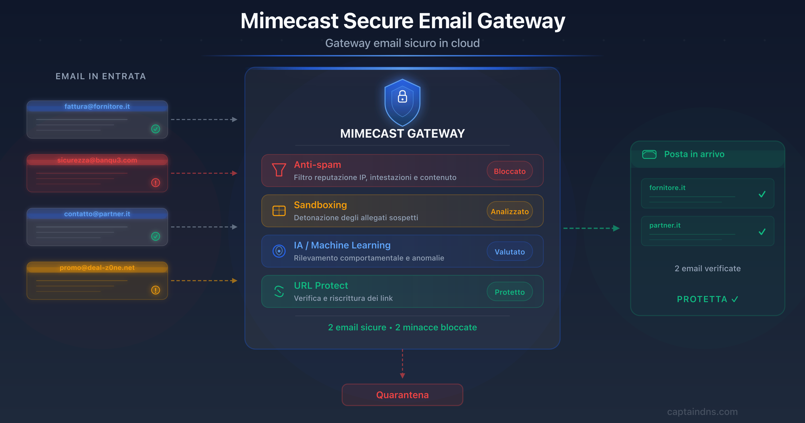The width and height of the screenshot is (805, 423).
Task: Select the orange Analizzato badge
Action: pyautogui.click(x=509, y=211)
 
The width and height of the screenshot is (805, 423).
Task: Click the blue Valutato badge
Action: pyautogui.click(x=509, y=252)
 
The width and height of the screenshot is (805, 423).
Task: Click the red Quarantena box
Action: pyautogui.click(x=402, y=395)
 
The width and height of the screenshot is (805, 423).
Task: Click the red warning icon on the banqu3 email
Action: pyautogui.click(x=156, y=183)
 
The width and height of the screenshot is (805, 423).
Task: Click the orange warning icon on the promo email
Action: pyautogui.click(x=156, y=290)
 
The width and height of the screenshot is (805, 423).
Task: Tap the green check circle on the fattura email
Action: pyautogui.click(x=156, y=129)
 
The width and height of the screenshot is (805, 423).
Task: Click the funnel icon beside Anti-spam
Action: pyautogui.click(x=279, y=170)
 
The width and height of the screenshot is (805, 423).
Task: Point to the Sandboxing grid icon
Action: pyautogui.click(x=279, y=211)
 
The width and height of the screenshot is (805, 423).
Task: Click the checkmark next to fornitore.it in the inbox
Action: pyautogui.click(x=762, y=194)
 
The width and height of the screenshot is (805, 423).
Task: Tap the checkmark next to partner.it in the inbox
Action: pyautogui.click(x=762, y=232)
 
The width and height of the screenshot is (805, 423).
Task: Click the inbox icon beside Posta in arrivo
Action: pyautogui.click(x=649, y=154)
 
